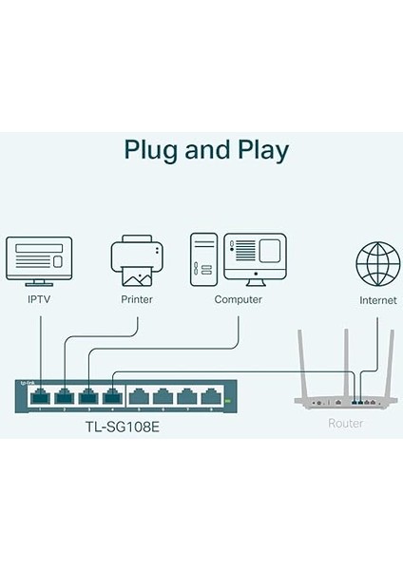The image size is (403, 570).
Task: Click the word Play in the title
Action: tap(259, 150)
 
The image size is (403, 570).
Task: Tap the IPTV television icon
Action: tap(40, 260)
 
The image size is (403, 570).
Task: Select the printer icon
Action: tap(138, 260)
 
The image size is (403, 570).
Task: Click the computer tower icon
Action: tap(203, 258)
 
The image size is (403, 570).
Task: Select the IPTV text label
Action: tap(40, 299)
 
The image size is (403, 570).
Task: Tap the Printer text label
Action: tap(138, 299)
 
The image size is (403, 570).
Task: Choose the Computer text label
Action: tap(238, 299)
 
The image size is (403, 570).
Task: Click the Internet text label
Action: tap(377, 299)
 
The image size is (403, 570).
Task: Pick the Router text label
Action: tap(344, 423)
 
